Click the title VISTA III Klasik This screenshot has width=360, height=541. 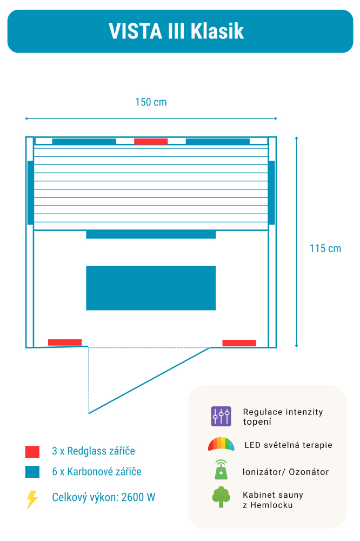point(176,31)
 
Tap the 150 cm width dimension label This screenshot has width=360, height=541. point(151,102)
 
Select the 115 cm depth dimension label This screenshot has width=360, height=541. point(325,248)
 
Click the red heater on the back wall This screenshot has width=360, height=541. point(151,142)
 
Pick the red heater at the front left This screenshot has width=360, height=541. point(65,342)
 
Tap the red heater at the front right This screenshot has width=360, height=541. point(239,343)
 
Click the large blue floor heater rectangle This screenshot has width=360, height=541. point(151,288)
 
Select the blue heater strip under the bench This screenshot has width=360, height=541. point(151,235)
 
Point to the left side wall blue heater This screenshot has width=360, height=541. point(30,193)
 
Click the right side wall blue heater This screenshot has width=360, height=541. point(271,193)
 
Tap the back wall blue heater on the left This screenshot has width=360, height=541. point(84,142)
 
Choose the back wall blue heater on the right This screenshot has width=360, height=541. point(217,142)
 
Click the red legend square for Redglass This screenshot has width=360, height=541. point(32,452)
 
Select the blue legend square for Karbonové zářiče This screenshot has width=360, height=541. point(32,472)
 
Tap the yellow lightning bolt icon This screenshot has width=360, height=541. point(32,499)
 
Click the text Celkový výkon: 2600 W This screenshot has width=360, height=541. point(104,497)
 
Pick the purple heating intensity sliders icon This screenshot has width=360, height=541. point(221,417)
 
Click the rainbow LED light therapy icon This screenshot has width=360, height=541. point(221,445)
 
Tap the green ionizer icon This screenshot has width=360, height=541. point(221,470)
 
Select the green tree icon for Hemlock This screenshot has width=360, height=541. point(221,497)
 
